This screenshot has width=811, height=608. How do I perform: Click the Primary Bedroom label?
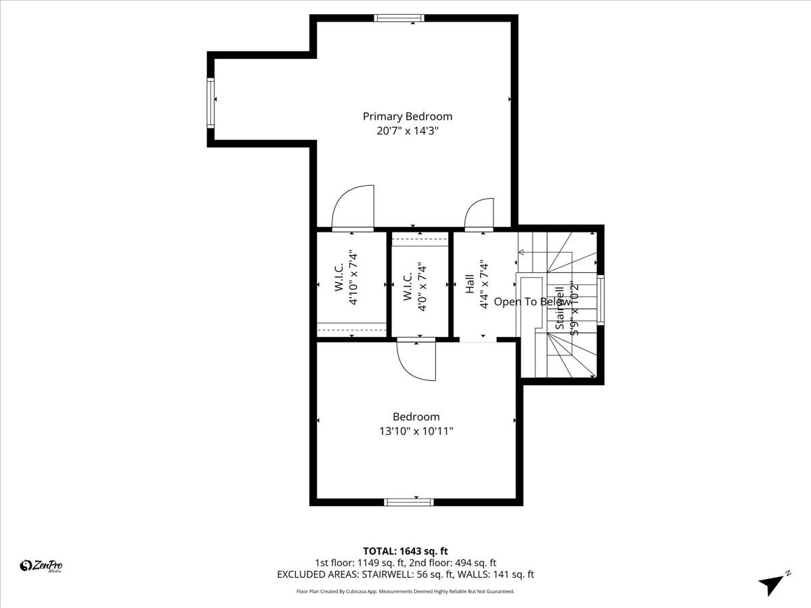coord(408,116)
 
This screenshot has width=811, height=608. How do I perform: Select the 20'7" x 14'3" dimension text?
coord(408,132)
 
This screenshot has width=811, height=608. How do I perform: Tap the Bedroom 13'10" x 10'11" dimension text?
coord(416,430)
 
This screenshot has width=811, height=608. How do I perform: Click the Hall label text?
coord(469,284)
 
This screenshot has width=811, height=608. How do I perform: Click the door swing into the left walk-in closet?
coord(353,209)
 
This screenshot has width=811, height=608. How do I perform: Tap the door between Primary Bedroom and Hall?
coord(479,213)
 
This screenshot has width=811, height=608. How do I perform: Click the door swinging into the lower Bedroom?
coord(417,361)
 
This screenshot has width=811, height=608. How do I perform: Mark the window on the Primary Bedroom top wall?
coord(399,18)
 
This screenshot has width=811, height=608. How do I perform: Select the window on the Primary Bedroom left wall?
coord(210,103)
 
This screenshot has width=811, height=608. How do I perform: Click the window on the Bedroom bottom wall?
coord(408,502)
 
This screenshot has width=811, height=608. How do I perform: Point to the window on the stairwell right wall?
coord(600,301)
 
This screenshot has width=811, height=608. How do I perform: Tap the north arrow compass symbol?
coord(773,582)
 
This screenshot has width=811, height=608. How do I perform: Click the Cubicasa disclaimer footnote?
coord(405,591)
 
